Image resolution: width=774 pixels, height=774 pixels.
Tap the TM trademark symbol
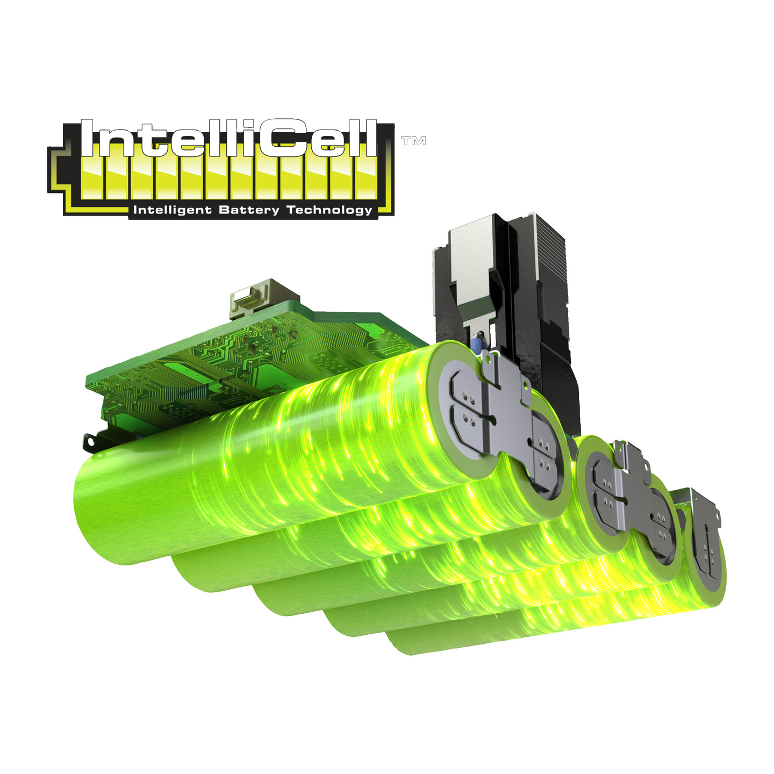[x=413, y=141]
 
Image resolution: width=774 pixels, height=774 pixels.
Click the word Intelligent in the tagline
[x=172, y=210]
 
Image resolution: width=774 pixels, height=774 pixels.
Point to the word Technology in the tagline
[x=329, y=210]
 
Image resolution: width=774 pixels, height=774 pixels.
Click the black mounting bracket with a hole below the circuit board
[x=92, y=442]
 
